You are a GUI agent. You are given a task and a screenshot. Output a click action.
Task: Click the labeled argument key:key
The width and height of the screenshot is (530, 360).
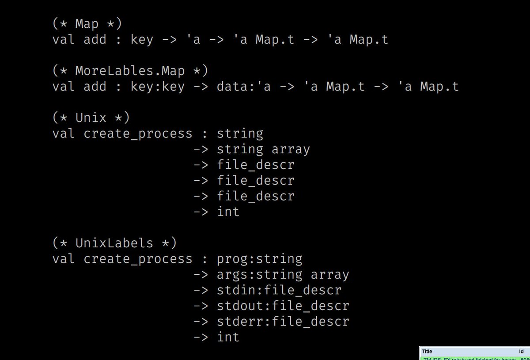click(x=157, y=86)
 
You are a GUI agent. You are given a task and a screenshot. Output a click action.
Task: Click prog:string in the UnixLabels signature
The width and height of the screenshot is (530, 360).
click(x=260, y=258)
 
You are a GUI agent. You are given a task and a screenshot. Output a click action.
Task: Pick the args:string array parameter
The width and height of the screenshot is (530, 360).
click(x=283, y=274)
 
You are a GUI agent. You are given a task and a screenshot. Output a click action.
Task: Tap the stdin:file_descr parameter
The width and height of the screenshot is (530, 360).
click(x=279, y=290)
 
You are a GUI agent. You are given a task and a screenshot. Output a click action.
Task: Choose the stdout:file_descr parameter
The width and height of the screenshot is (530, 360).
click(x=283, y=305)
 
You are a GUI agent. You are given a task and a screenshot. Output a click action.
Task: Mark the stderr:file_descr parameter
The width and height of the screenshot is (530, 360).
click(x=283, y=321)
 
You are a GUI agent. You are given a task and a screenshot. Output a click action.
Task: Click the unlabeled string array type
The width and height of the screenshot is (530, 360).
click(x=263, y=149)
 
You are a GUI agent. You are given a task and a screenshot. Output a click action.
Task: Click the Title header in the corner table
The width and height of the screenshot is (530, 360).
click(x=427, y=352)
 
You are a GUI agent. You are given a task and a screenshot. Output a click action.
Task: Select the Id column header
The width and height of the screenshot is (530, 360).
click(x=521, y=352)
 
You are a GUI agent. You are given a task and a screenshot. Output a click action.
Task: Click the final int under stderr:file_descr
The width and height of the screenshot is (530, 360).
click(x=228, y=337)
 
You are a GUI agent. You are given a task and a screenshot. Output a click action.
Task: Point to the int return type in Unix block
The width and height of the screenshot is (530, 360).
click(x=228, y=212)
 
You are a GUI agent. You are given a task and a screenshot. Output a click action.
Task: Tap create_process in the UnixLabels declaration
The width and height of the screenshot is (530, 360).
click(x=138, y=258)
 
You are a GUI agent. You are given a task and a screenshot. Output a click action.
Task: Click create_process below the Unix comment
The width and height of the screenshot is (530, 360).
click(x=138, y=133)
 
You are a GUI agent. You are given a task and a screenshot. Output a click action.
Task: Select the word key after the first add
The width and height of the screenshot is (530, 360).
click(x=142, y=39)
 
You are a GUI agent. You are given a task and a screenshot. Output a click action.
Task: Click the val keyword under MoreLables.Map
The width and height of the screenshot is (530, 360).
click(x=64, y=86)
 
